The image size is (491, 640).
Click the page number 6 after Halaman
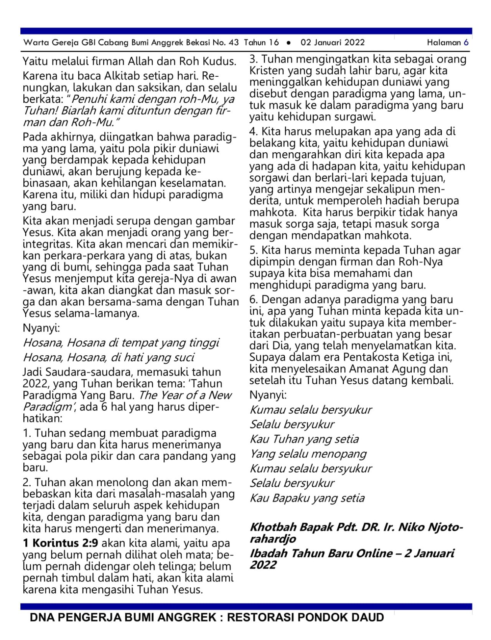point(466,42)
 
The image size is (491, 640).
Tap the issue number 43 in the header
point(233,42)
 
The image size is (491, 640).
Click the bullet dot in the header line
point(288,43)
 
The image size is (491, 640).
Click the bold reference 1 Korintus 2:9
point(61,543)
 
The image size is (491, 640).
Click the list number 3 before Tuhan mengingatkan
point(253,59)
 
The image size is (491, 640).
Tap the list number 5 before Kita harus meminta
point(253,250)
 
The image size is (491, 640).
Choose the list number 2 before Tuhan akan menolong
point(26,482)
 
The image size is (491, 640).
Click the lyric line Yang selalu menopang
point(308,454)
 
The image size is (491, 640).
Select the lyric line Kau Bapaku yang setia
point(307,498)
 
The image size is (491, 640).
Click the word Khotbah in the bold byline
point(273,527)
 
